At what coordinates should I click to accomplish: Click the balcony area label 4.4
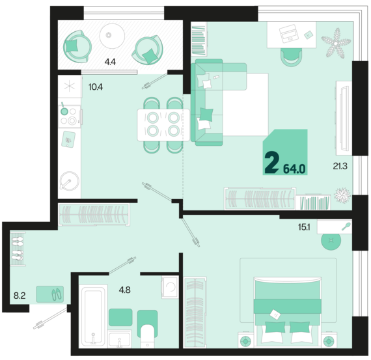[110, 62]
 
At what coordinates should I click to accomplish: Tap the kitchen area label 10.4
[96, 87]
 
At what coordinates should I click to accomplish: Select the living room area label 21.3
[340, 166]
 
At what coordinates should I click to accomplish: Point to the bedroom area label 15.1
[304, 227]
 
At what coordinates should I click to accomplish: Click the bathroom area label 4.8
[124, 290]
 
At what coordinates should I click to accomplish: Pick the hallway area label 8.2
[20, 296]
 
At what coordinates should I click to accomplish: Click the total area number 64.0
[294, 169]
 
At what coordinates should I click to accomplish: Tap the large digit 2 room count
[271, 163]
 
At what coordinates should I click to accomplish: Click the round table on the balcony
[112, 36]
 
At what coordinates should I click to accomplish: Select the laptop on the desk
[288, 33]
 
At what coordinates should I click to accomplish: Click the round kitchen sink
[70, 181]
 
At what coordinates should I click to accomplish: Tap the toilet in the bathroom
[148, 329]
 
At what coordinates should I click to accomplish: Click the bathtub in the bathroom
[93, 316]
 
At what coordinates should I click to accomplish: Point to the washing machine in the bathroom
[170, 287]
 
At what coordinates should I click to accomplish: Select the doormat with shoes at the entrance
[49, 294]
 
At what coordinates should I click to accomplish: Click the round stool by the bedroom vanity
[331, 240]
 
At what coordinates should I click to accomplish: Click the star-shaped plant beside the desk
[335, 43]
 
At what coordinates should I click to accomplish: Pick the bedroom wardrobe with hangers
[195, 312]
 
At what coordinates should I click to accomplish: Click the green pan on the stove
[64, 110]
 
